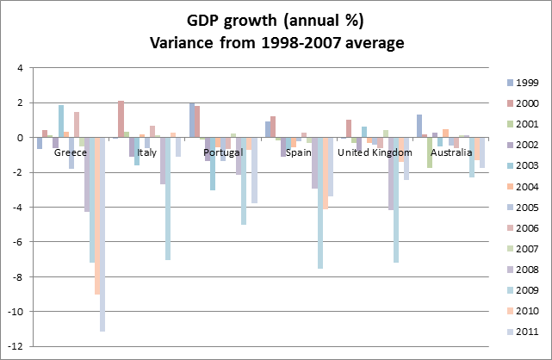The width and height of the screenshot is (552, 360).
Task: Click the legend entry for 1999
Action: point(520,82)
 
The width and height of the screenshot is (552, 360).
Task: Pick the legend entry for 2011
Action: point(520,332)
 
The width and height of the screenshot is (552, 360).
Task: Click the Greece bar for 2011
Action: point(102,234)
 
